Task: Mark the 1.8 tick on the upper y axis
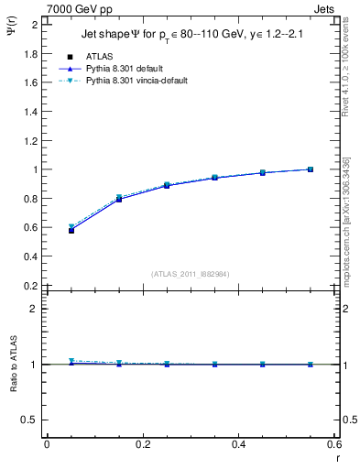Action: [x=33, y=53]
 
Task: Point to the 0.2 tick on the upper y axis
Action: [x=33, y=286]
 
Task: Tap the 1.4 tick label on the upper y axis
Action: [x=33, y=112]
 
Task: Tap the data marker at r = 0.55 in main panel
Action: [x=311, y=169]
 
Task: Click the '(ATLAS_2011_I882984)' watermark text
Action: [x=191, y=273]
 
